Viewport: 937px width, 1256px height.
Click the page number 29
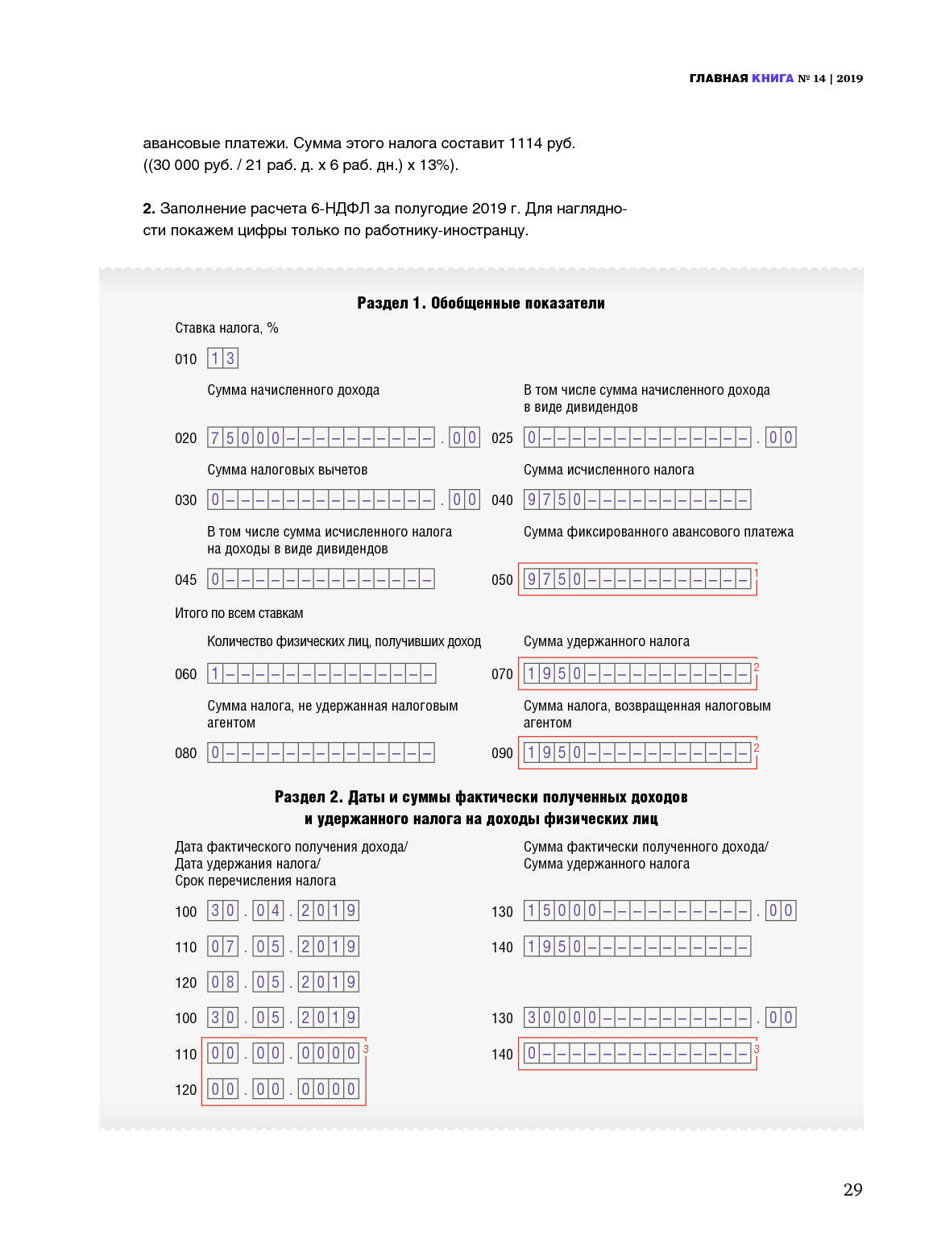852,1190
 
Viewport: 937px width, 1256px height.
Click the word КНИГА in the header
773,78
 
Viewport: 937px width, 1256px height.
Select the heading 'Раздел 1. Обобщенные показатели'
481,303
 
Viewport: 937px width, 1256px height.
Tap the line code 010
186,359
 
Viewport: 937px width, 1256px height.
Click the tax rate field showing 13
222,359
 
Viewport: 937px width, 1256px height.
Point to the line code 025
502,438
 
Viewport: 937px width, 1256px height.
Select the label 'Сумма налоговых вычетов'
287,470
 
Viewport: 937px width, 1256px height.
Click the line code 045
186,580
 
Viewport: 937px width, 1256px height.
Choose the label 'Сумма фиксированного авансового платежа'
658,532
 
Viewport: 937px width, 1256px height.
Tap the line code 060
186,674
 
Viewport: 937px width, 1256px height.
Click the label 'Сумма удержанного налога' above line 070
606,641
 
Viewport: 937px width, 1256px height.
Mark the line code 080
186,753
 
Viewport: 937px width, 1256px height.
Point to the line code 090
502,753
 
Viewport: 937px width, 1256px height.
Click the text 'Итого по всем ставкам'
239,613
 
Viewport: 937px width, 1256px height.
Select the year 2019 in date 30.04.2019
328,911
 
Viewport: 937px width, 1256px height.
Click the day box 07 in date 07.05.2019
222,947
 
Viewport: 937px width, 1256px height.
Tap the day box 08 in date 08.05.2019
222,982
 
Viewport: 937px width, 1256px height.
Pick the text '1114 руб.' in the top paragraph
541,143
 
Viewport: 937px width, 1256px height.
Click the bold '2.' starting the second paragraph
149,209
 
